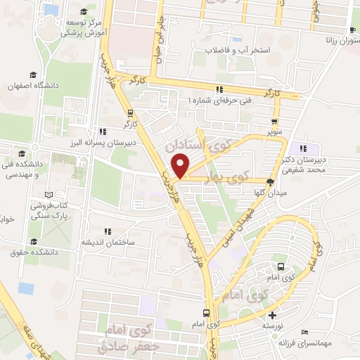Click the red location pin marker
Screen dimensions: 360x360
pos(181,166)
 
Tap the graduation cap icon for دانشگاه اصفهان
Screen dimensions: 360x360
pos(32,75)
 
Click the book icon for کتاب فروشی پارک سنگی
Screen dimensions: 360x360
pos(49,195)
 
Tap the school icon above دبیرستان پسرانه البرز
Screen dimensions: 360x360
pos(103,131)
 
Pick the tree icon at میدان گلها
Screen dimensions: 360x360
pos(270,181)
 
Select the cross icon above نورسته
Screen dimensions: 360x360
pos(273,314)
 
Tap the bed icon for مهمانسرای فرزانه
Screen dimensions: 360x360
pos(304,332)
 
